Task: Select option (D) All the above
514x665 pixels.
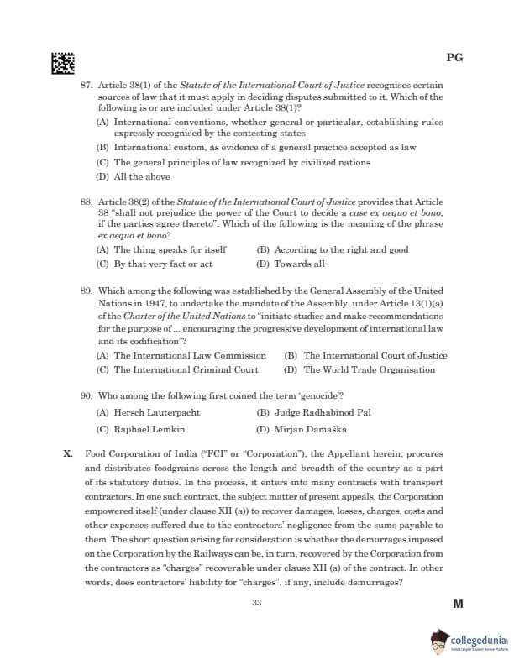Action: (x=134, y=177)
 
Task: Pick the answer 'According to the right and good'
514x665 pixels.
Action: (x=333, y=249)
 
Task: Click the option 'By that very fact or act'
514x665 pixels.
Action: (x=155, y=264)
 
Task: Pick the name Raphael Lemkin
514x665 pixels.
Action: (x=141, y=429)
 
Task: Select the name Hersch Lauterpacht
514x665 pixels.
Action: (x=149, y=412)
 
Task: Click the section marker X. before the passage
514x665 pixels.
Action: (x=68, y=453)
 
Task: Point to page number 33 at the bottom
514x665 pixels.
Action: (x=256, y=603)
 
